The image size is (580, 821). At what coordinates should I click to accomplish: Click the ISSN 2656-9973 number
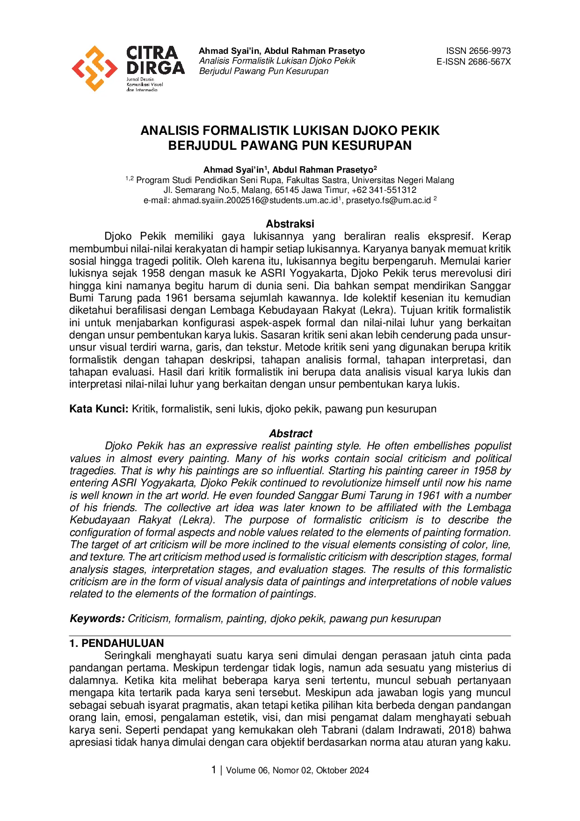(x=478, y=51)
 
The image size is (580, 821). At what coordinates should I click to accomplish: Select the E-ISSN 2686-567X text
(x=473, y=62)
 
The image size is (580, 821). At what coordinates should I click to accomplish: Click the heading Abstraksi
(x=290, y=224)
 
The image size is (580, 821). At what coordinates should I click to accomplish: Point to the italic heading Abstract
(x=290, y=433)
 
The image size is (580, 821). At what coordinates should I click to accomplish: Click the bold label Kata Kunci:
(x=99, y=409)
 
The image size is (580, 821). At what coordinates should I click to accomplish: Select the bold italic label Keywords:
(x=97, y=618)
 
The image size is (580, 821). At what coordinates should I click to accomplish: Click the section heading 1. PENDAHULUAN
(x=116, y=643)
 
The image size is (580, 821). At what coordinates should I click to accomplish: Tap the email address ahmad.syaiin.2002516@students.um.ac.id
(x=254, y=200)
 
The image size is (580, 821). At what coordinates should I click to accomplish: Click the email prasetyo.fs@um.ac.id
(x=388, y=200)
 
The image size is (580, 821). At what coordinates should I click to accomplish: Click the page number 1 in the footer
(x=214, y=770)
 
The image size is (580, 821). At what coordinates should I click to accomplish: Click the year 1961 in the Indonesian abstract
(x=176, y=298)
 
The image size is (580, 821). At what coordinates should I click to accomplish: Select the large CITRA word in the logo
(x=152, y=52)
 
